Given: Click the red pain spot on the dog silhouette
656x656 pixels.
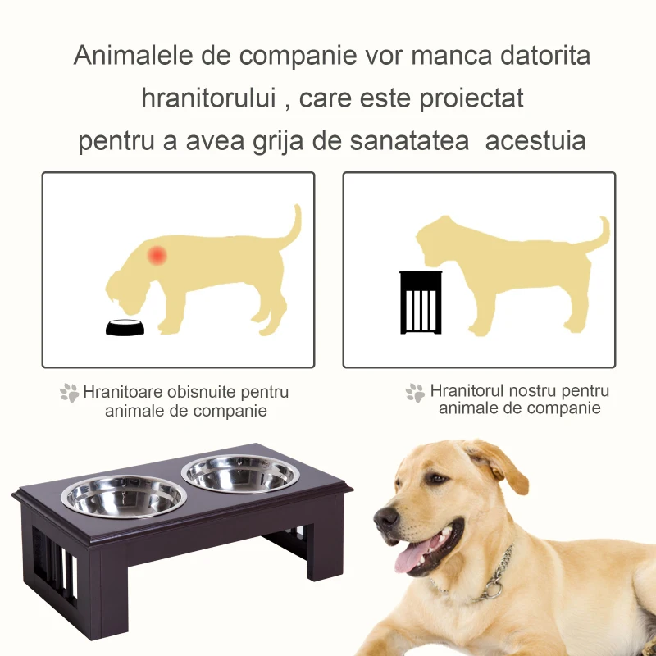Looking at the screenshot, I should tap(157, 255).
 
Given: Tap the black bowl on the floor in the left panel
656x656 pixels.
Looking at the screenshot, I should tap(125, 327).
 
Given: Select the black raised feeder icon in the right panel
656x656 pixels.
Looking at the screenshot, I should tap(421, 303).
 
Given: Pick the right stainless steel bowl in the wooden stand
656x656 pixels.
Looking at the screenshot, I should tap(240, 474).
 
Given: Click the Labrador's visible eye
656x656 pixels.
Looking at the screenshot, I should tap(438, 479).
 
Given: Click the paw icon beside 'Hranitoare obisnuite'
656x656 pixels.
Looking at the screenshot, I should tap(69, 394).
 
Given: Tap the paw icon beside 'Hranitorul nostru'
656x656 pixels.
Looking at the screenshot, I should tap(415, 393).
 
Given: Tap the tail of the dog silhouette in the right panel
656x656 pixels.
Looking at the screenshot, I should tap(604, 233).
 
